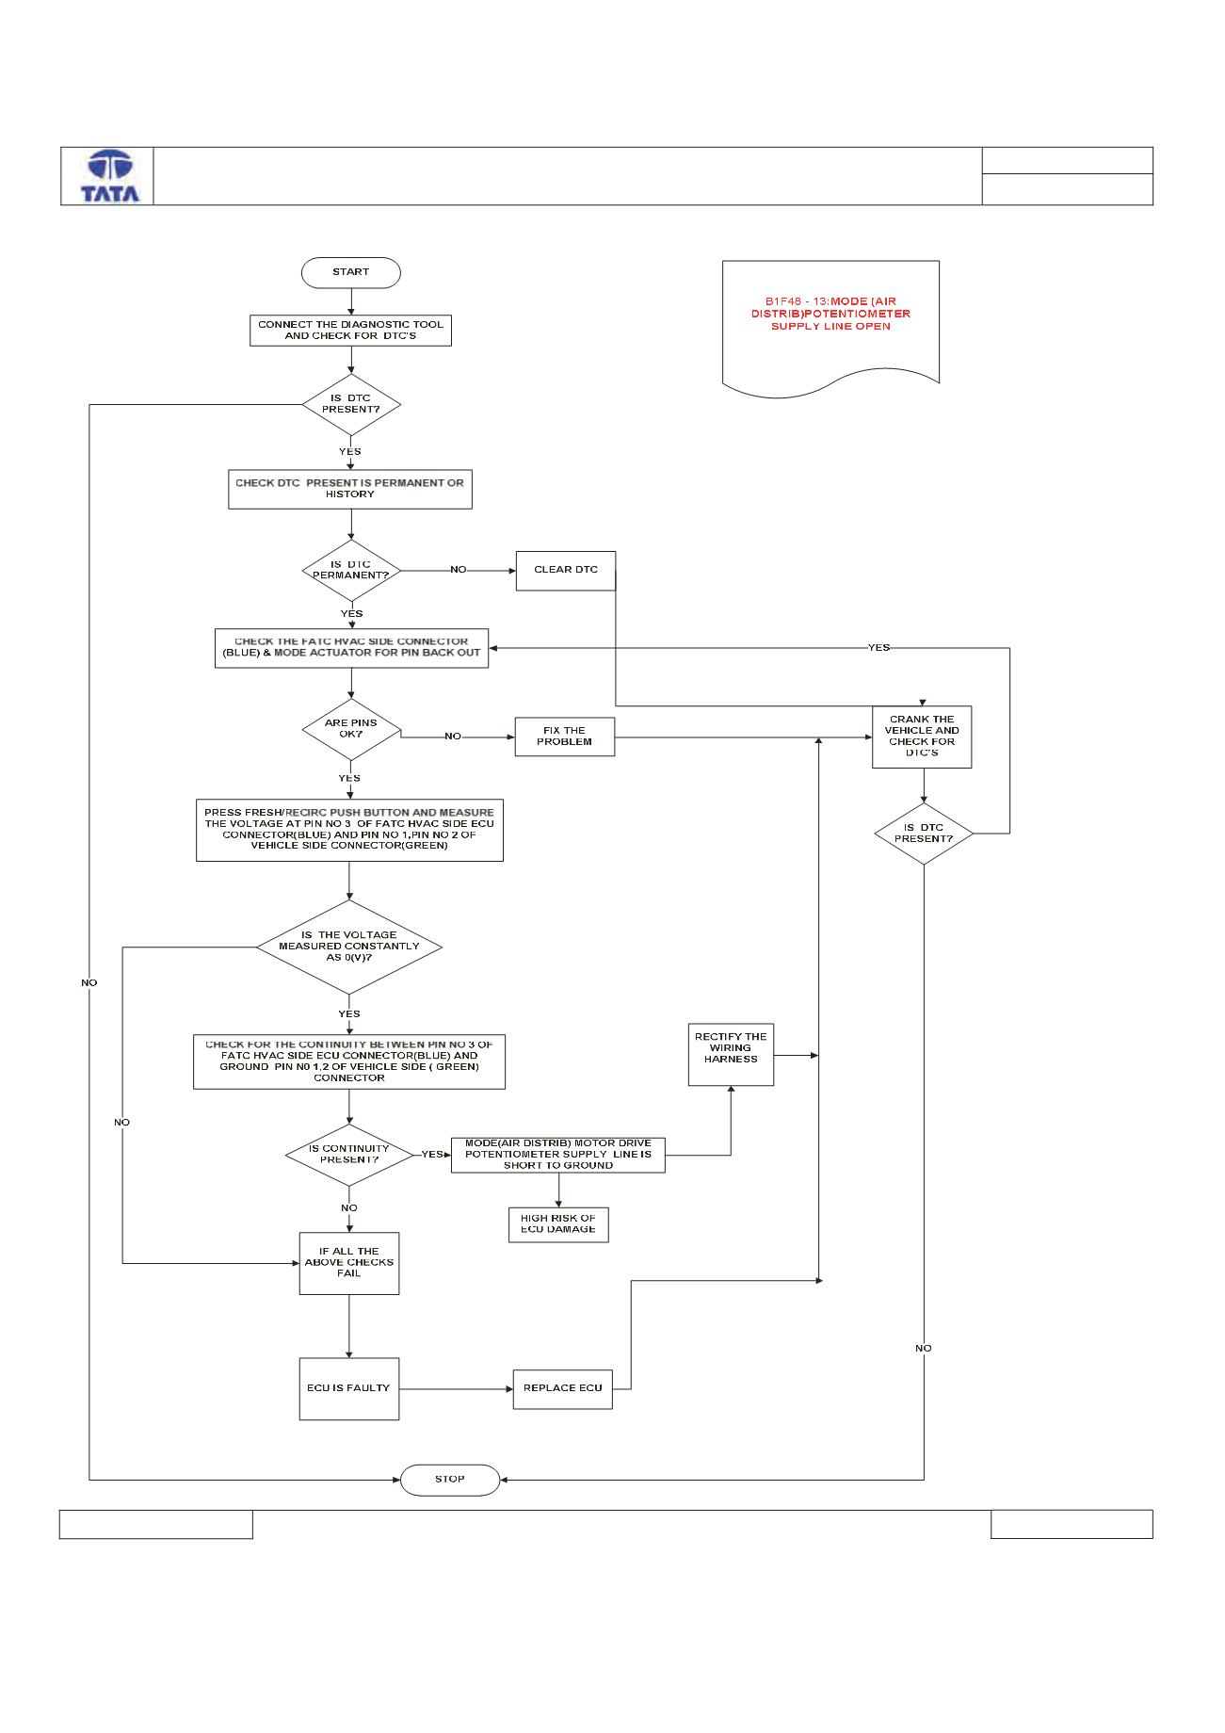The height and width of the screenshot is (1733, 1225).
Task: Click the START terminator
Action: (x=350, y=272)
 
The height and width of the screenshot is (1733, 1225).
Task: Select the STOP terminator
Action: (x=450, y=1479)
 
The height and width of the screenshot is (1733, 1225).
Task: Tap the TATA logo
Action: (x=109, y=176)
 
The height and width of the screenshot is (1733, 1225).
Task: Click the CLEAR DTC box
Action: (x=566, y=571)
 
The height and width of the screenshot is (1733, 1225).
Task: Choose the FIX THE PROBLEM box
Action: (x=565, y=737)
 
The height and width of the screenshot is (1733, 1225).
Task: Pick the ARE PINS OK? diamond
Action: (x=351, y=729)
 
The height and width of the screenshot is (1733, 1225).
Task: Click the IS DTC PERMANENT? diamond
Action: (x=351, y=570)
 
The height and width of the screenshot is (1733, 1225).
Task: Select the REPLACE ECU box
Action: (x=563, y=1388)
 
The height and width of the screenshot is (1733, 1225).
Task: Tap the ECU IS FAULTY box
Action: (x=348, y=1388)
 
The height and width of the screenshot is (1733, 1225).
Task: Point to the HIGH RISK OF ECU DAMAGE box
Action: (x=558, y=1224)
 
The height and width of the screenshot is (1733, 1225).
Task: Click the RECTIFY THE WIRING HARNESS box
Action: (x=731, y=1054)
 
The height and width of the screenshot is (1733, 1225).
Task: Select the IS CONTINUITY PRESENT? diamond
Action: (x=349, y=1155)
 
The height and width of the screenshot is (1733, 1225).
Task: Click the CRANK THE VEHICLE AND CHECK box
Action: (x=922, y=737)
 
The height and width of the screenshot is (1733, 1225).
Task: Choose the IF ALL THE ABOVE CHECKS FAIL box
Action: (x=349, y=1263)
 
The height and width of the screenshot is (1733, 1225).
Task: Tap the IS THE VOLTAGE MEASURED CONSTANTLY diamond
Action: (x=349, y=947)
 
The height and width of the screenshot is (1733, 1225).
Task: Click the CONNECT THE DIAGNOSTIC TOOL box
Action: (x=350, y=330)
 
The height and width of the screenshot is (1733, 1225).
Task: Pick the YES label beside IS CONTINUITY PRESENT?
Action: (x=432, y=1155)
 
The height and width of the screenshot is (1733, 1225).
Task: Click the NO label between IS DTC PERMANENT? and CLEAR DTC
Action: (x=458, y=570)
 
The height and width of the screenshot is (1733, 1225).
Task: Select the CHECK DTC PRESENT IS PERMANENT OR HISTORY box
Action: (x=350, y=489)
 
